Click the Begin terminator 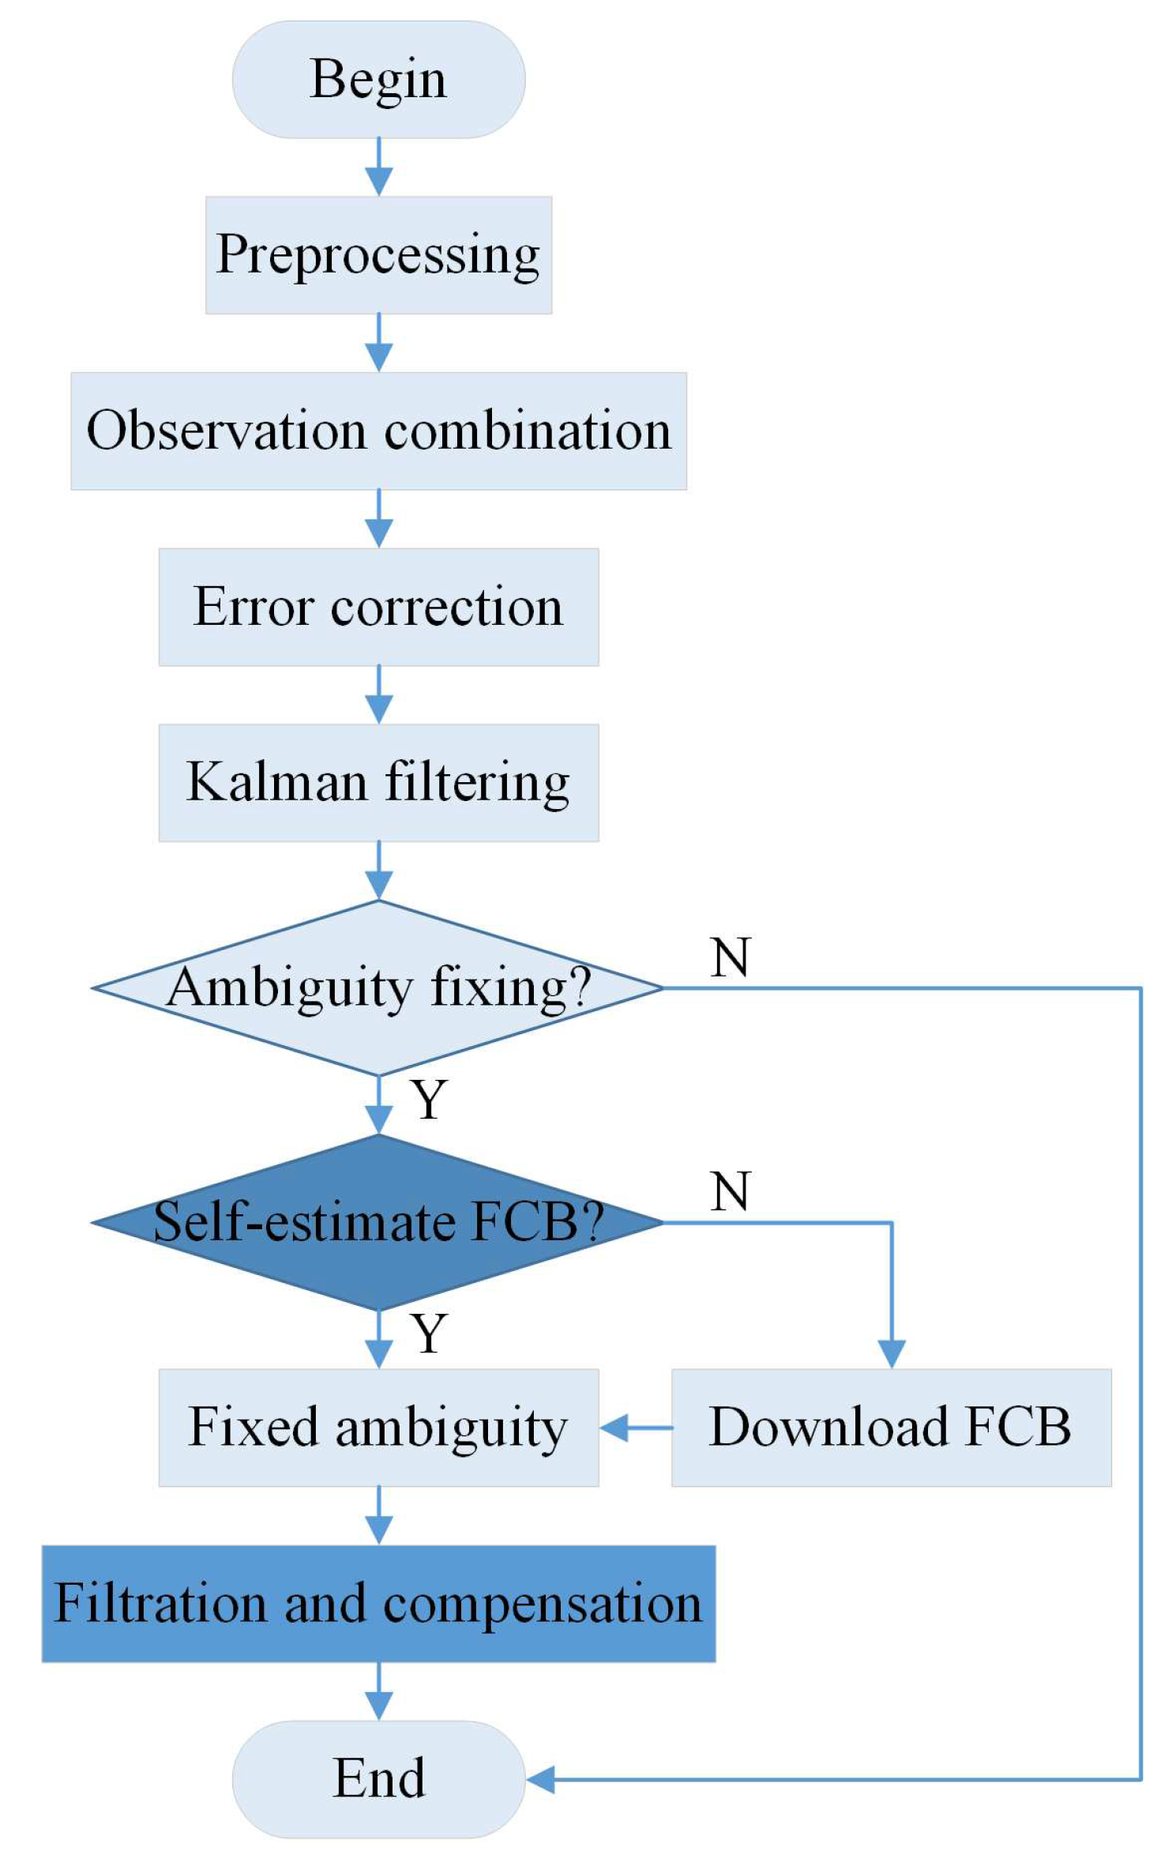pos(378,80)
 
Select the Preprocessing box pos(378,255)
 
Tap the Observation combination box pos(378,431)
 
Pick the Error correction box pos(378,607)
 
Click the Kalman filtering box pos(378,783)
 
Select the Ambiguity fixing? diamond pos(378,988)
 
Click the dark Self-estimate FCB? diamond pos(378,1222)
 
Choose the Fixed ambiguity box pos(378,1428)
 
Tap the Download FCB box pos(891,1428)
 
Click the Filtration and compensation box pos(378,1604)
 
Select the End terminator pos(378,1779)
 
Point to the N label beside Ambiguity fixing pos(730,957)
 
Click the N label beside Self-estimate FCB pos(730,1191)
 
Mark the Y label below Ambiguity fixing pos(429,1099)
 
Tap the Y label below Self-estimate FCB pos(429,1334)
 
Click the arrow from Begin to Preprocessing pos(379,167)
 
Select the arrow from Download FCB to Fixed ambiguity pos(635,1428)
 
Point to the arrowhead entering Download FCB pos(892,1354)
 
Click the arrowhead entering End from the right pos(541,1780)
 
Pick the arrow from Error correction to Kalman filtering pos(379,695)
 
